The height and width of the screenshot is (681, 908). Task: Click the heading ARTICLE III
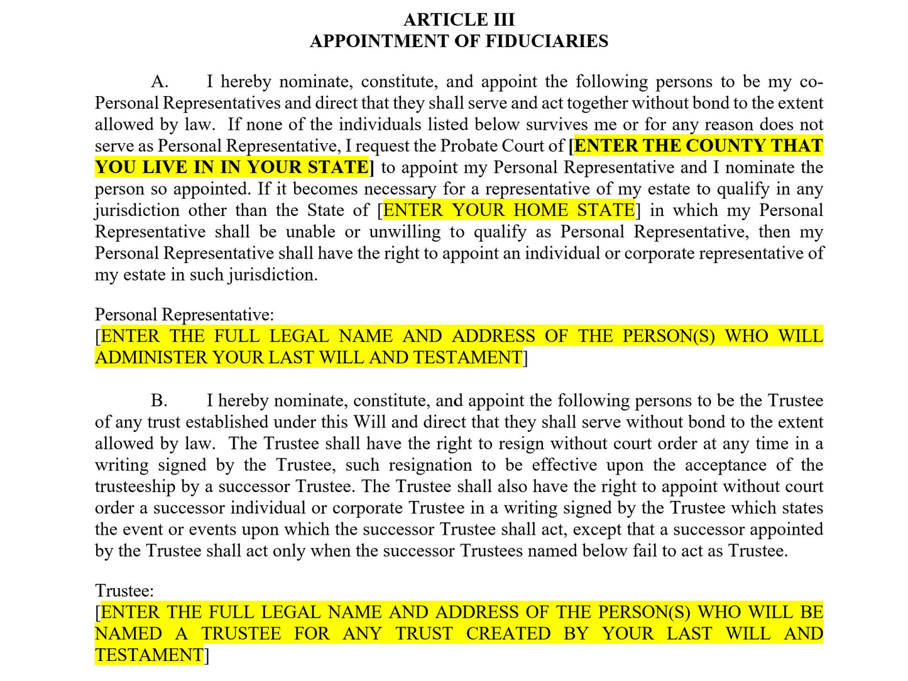pyautogui.click(x=459, y=20)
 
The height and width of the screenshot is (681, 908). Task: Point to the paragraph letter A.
pyautogui.click(x=160, y=82)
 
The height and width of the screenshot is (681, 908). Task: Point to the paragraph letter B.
pyautogui.click(x=159, y=401)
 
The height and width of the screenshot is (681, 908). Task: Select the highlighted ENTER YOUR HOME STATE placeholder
pyautogui.click(x=509, y=210)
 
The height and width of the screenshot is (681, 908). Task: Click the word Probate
pyautogui.click(x=468, y=146)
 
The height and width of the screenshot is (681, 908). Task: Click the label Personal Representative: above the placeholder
pyautogui.click(x=184, y=315)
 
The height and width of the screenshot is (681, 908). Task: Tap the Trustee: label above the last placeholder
pyautogui.click(x=124, y=591)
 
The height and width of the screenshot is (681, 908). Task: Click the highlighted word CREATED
pyautogui.click(x=508, y=634)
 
